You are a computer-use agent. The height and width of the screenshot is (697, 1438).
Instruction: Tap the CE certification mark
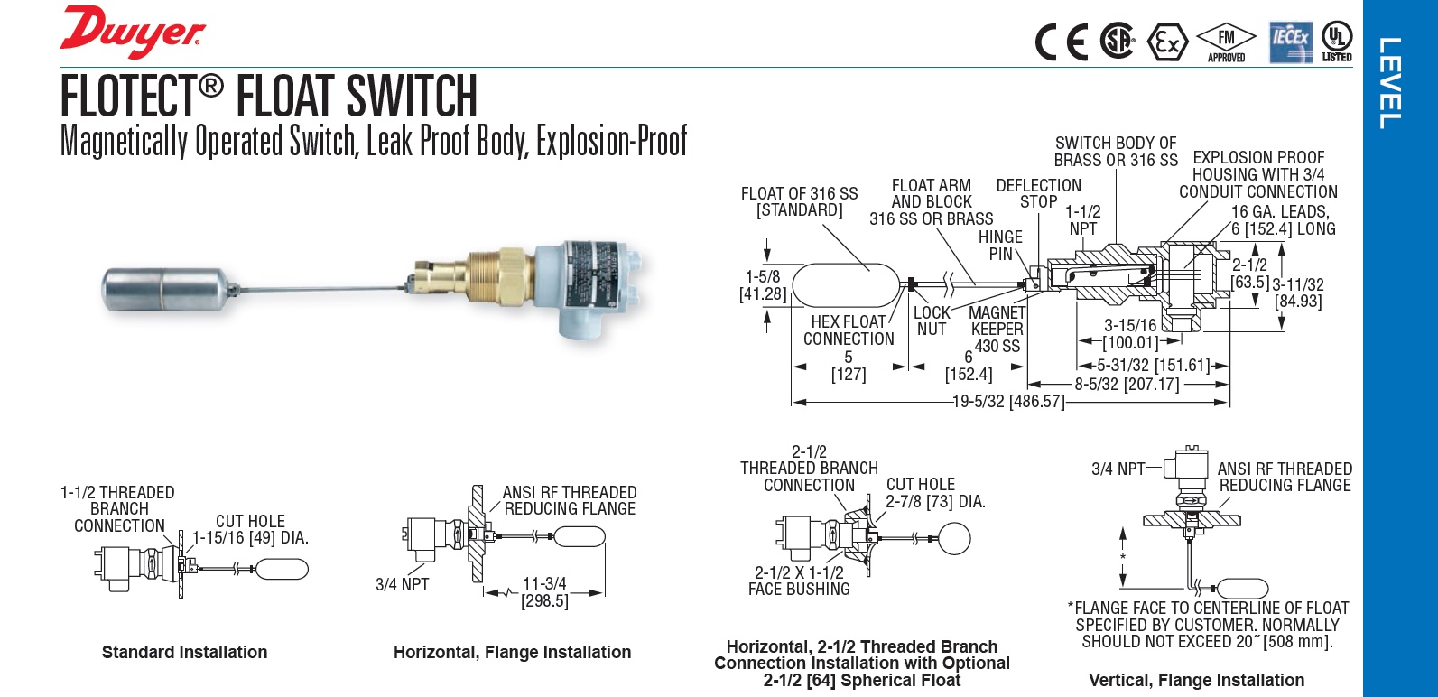(1062, 42)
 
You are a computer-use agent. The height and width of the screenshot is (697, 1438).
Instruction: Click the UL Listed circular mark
(1337, 41)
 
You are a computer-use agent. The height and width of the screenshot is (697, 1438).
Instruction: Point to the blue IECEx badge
(1291, 42)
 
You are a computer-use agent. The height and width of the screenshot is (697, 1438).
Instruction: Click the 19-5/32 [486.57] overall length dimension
(1008, 402)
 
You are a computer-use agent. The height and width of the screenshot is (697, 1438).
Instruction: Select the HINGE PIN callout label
(1000, 246)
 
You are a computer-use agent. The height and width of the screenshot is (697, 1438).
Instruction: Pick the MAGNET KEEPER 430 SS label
(997, 329)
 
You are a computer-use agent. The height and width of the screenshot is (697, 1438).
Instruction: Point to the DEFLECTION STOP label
(1038, 193)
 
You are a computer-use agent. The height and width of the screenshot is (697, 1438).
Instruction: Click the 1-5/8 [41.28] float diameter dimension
(763, 285)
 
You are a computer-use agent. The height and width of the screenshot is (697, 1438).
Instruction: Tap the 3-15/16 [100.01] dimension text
(1130, 334)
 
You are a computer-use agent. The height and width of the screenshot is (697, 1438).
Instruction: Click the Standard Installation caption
(184, 652)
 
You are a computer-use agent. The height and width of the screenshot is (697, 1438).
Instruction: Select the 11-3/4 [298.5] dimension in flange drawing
(544, 592)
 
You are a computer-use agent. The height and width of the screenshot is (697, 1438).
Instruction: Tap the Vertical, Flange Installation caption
(1196, 680)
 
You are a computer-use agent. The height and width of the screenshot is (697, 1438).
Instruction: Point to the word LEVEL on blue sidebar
(1390, 83)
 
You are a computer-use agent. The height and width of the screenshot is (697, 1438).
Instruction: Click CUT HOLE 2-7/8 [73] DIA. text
(934, 493)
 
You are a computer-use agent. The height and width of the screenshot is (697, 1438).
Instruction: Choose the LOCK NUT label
(932, 321)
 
